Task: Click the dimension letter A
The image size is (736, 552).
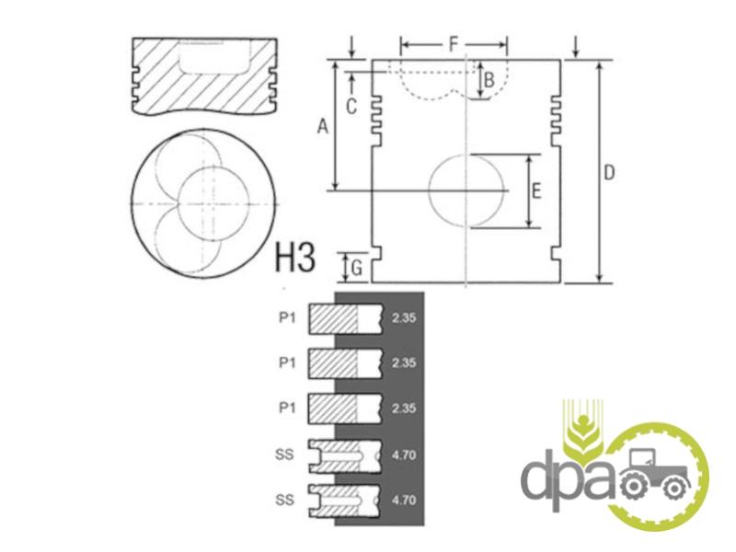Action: tap(323, 126)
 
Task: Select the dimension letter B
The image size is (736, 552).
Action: tap(489, 80)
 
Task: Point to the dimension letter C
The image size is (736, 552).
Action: tap(351, 106)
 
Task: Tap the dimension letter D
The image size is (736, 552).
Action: tap(608, 173)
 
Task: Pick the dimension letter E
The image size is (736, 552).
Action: tap(536, 191)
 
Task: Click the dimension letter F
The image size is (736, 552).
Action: tap(454, 44)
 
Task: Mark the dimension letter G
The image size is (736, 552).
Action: tap(357, 269)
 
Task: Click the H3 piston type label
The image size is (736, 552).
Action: tap(294, 257)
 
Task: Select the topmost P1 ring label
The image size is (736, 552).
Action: tap(287, 317)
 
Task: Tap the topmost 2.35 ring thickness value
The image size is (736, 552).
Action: tap(404, 317)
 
